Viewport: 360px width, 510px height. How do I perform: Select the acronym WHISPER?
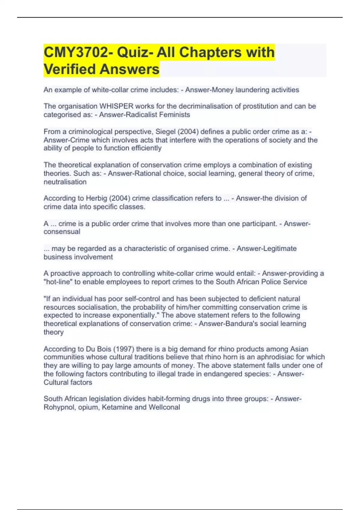point(116,106)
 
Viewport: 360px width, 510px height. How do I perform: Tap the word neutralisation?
point(65,182)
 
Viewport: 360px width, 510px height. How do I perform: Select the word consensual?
point(62,232)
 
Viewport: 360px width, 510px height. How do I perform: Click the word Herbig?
point(96,198)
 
